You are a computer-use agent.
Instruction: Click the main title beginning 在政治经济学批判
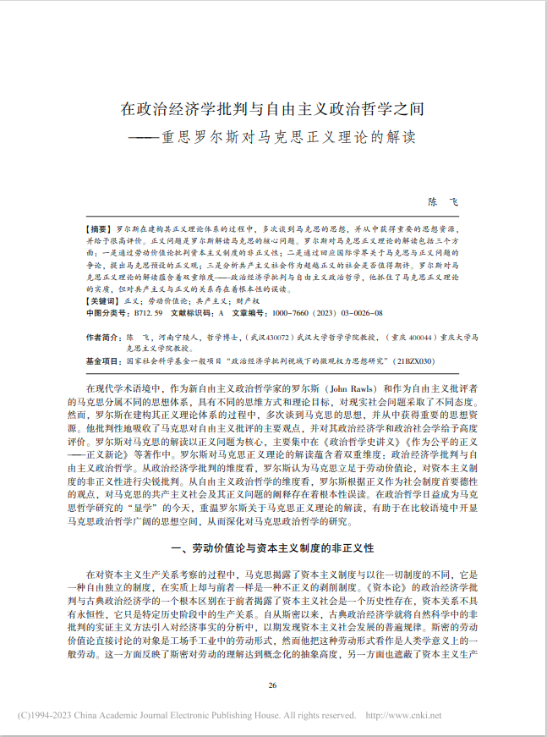click(272, 109)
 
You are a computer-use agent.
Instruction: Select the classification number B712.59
click(148, 313)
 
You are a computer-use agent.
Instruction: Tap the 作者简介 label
click(102, 337)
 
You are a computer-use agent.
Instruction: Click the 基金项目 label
click(102, 360)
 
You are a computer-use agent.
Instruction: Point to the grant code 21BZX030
click(415, 360)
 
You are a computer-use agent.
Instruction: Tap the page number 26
click(272, 685)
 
